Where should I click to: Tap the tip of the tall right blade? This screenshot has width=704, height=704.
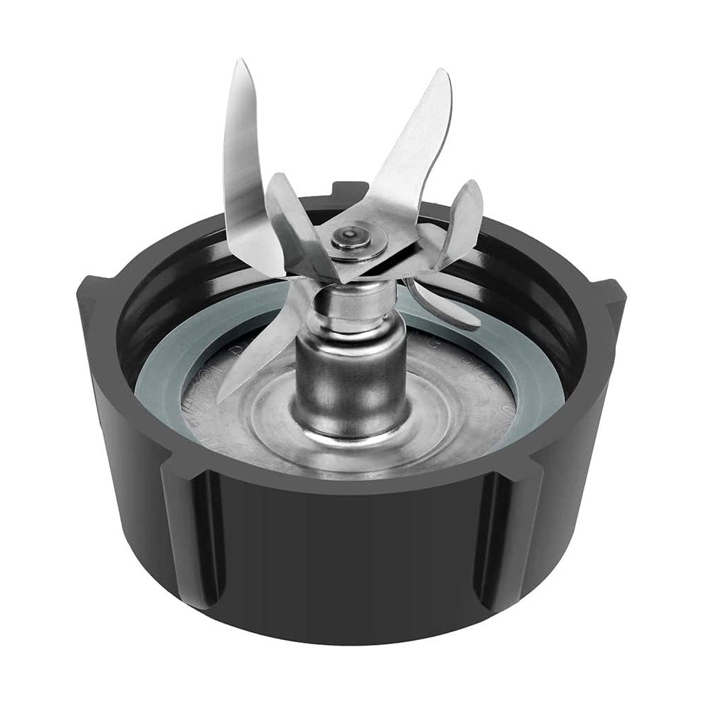pyautogui.click(x=443, y=73)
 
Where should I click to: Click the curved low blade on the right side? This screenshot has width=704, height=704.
pyautogui.click(x=451, y=310)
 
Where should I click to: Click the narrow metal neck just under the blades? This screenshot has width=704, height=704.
pyautogui.click(x=350, y=310)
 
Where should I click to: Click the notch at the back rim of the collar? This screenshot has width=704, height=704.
pyautogui.click(x=350, y=189)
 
